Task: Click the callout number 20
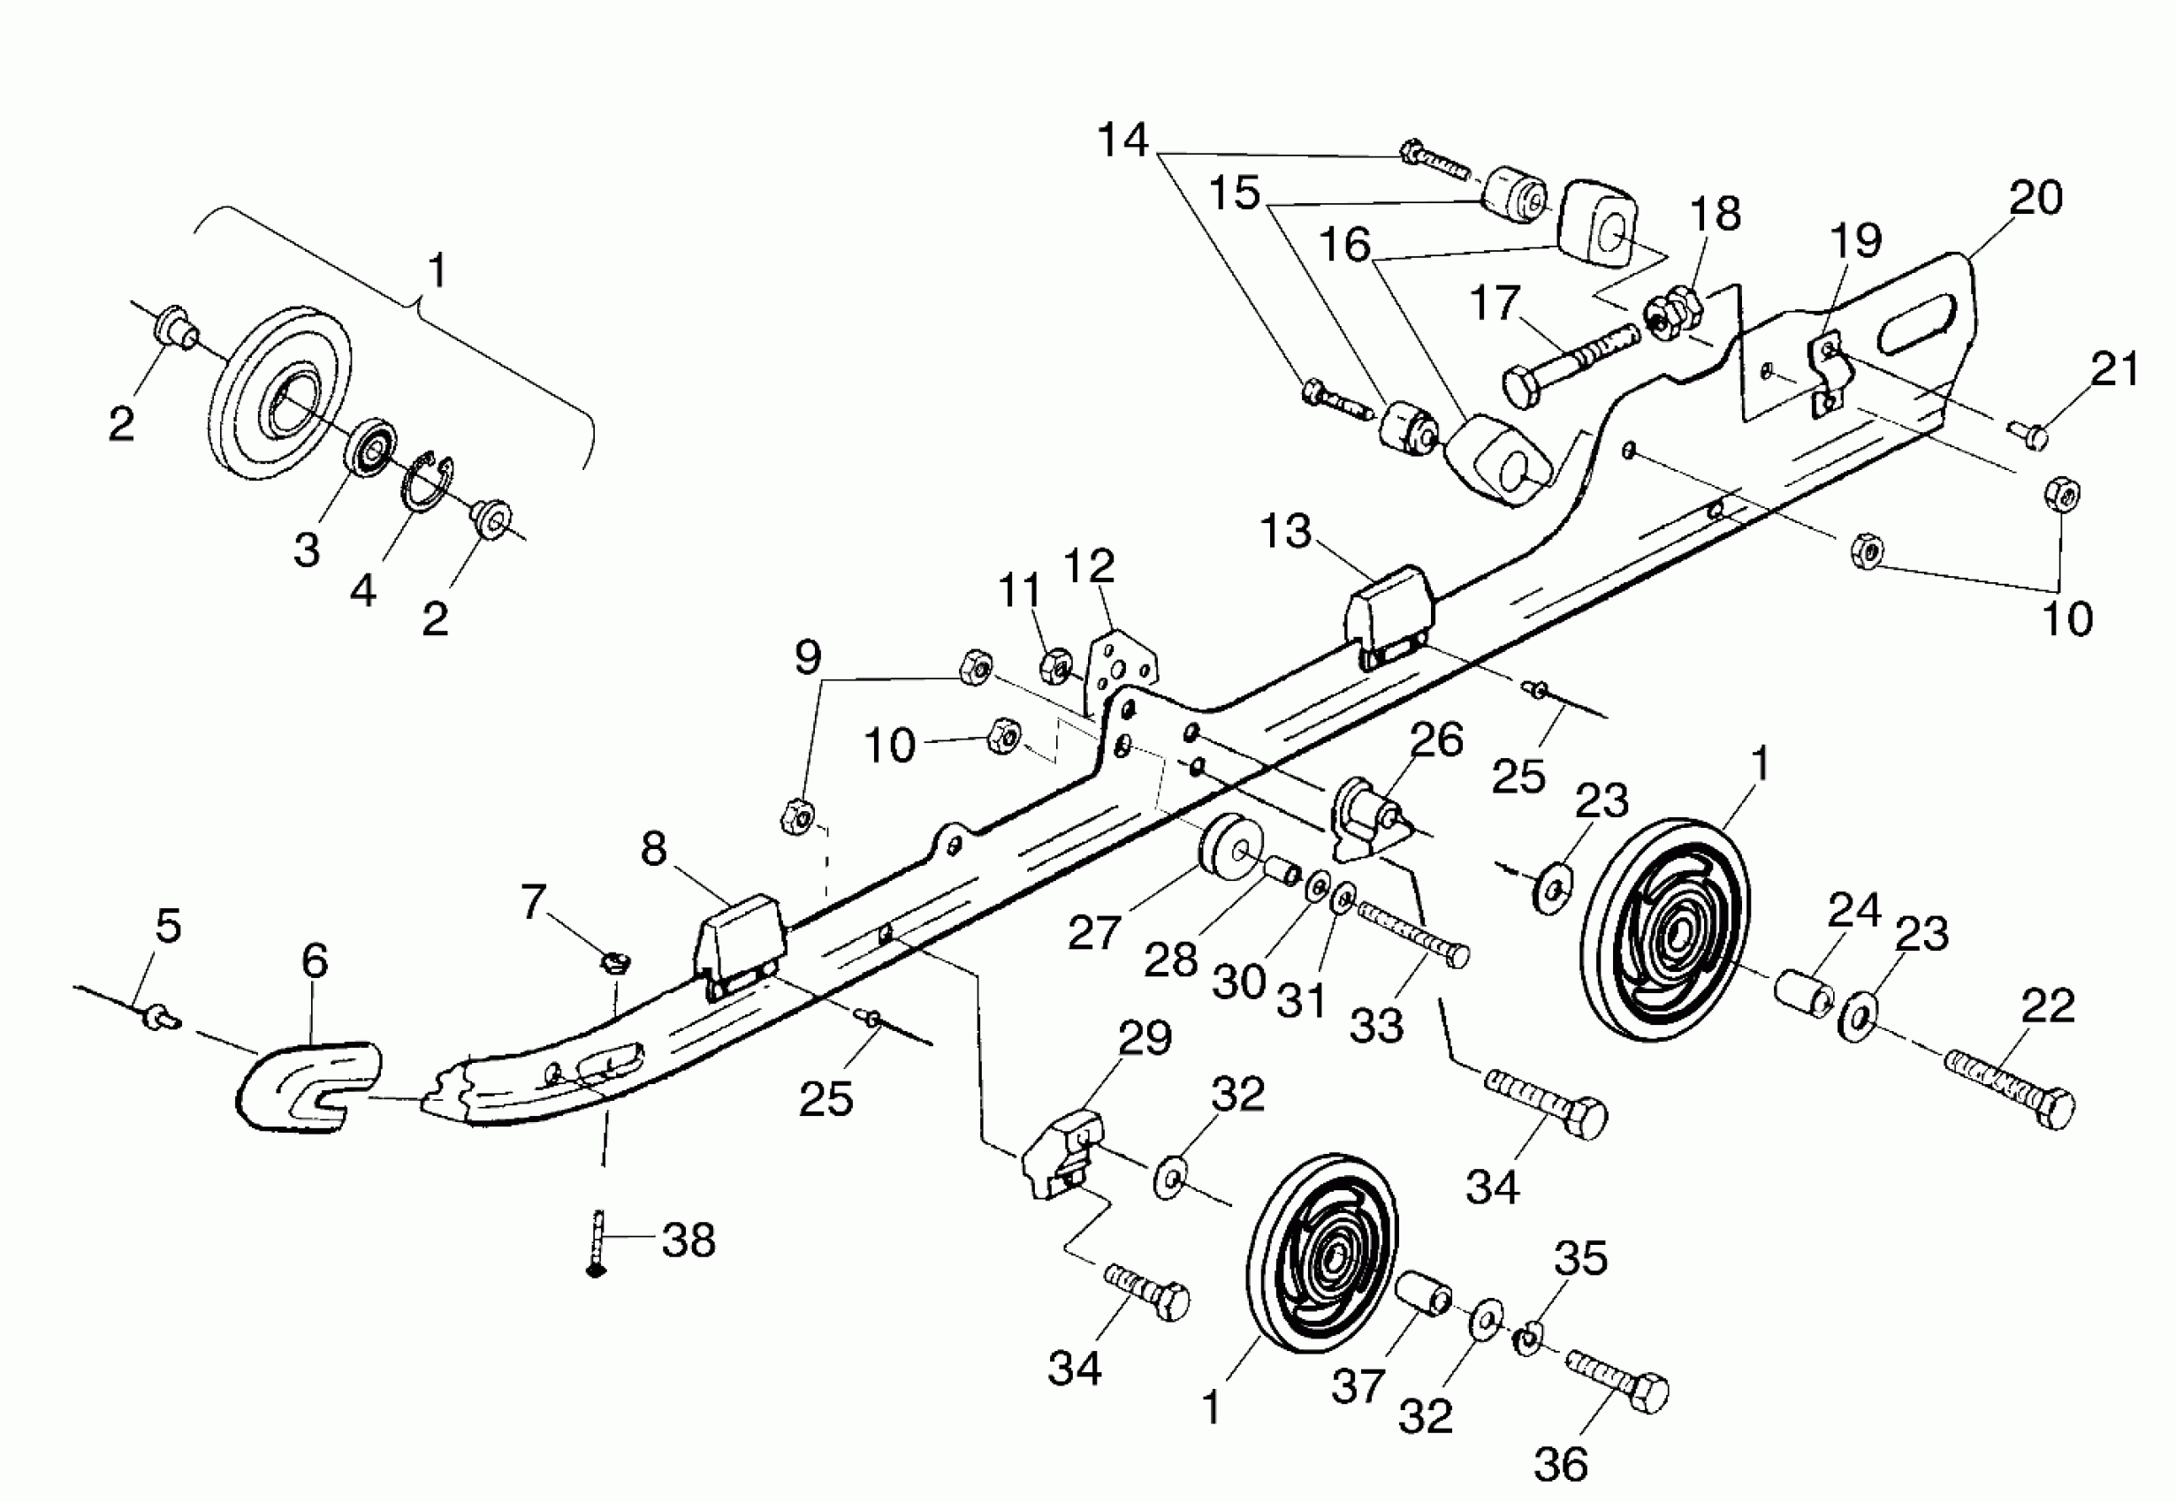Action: point(2035,198)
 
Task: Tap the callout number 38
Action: point(689,1240)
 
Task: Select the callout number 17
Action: point(1495,303)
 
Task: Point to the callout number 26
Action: point(1436,740)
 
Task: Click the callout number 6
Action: point(315,960)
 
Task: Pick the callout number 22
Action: point(2048,1006)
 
